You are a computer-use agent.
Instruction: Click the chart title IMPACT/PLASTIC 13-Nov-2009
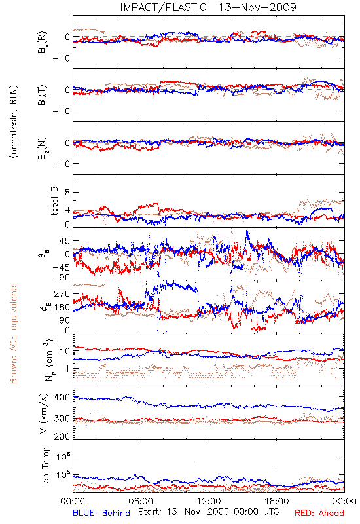208,7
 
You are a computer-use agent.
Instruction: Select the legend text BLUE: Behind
101,513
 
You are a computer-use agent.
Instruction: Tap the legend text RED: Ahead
319,513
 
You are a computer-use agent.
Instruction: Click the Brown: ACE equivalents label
13,333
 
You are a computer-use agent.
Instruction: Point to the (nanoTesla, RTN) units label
14,122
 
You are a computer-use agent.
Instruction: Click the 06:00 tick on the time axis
141,501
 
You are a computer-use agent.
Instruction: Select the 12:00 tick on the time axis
209,501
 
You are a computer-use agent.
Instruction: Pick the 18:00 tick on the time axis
277,501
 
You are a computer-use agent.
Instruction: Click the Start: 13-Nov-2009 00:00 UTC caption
209,512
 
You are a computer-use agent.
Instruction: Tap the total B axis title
54,201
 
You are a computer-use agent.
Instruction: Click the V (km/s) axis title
44,413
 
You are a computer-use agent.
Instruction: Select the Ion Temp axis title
45,466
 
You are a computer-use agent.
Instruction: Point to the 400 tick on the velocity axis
62,398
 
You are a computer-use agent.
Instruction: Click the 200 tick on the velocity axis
62,436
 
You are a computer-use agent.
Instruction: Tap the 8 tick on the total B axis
67,193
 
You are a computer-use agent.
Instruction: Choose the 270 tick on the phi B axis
62,294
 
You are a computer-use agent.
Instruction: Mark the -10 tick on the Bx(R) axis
61,58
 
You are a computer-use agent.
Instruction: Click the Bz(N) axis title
43,148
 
